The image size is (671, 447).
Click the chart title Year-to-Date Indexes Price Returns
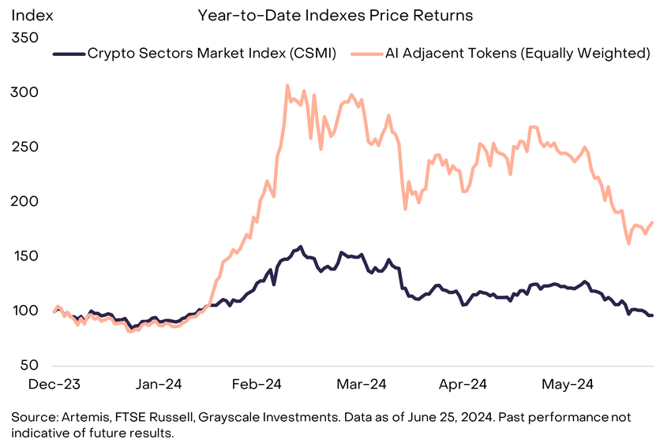(335, 15)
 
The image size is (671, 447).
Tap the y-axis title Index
(29, 15)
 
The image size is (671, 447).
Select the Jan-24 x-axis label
(160, 385)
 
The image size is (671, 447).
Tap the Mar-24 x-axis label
(361, 385)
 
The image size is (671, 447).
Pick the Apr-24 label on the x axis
(462, 385)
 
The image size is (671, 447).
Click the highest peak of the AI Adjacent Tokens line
(287, 85)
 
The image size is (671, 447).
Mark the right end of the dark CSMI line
(652, 315)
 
